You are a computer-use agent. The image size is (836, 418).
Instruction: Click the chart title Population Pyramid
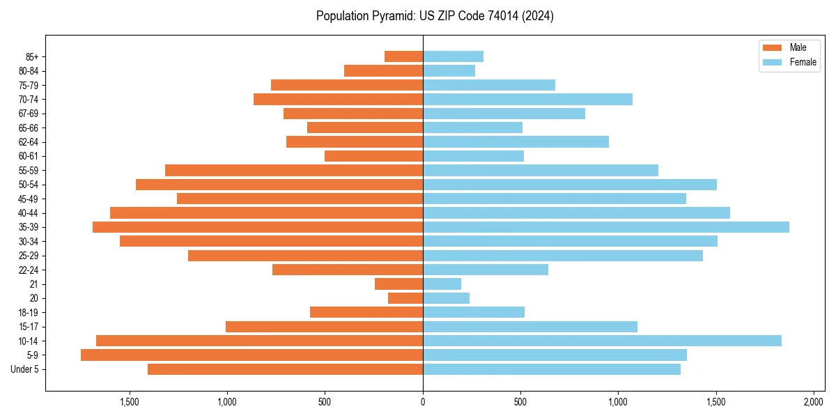435,16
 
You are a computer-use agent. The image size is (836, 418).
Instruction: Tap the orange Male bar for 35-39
258,227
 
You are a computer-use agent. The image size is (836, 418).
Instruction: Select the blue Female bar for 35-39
606,227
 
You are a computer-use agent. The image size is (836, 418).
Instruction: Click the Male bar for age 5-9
251,355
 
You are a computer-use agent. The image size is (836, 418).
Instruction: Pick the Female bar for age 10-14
602,341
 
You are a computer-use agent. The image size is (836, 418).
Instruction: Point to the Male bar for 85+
403,56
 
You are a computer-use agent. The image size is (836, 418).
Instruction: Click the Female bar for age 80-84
449,71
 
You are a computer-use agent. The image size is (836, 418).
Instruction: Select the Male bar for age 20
405,298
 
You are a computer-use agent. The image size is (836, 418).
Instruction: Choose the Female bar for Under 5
552,369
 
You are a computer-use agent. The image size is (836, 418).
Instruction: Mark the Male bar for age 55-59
294,171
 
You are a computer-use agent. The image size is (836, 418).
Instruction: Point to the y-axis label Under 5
24,369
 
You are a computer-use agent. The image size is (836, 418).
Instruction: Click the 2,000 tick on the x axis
814,402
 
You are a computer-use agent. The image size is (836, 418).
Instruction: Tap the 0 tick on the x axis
423,402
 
